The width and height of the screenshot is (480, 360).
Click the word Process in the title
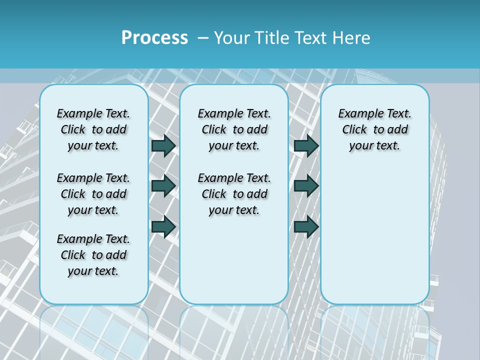click(x=154, y=37)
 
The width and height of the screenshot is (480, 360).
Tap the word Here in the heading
click(x=352, y=38)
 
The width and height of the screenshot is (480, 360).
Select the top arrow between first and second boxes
click(x=163, y=146)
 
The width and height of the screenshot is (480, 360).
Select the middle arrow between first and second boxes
click(x=163, y=186)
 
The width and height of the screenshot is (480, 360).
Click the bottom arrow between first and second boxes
click(x=163, y=226)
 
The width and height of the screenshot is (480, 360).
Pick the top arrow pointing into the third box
click(x=306, y=146)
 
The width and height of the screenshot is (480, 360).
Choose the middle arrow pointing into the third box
click(x=306, y=186)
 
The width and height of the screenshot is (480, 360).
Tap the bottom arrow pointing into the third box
click(x=306, y=226)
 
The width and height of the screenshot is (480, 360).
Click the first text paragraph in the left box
click(x=93, y=129)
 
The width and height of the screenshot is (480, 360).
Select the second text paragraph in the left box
click(x=93, y=194)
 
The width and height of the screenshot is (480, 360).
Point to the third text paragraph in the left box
click(x=93, y=255)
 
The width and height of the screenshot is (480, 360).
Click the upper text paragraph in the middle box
click(x=234, y=129)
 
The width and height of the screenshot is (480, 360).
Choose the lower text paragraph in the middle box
click(x=234, y=194)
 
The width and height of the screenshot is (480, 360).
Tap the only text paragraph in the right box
click(x=374, y=129)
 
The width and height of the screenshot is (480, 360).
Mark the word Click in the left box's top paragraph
click(x=73, y=130)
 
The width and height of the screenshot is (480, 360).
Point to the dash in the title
click(x=203, y=38)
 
